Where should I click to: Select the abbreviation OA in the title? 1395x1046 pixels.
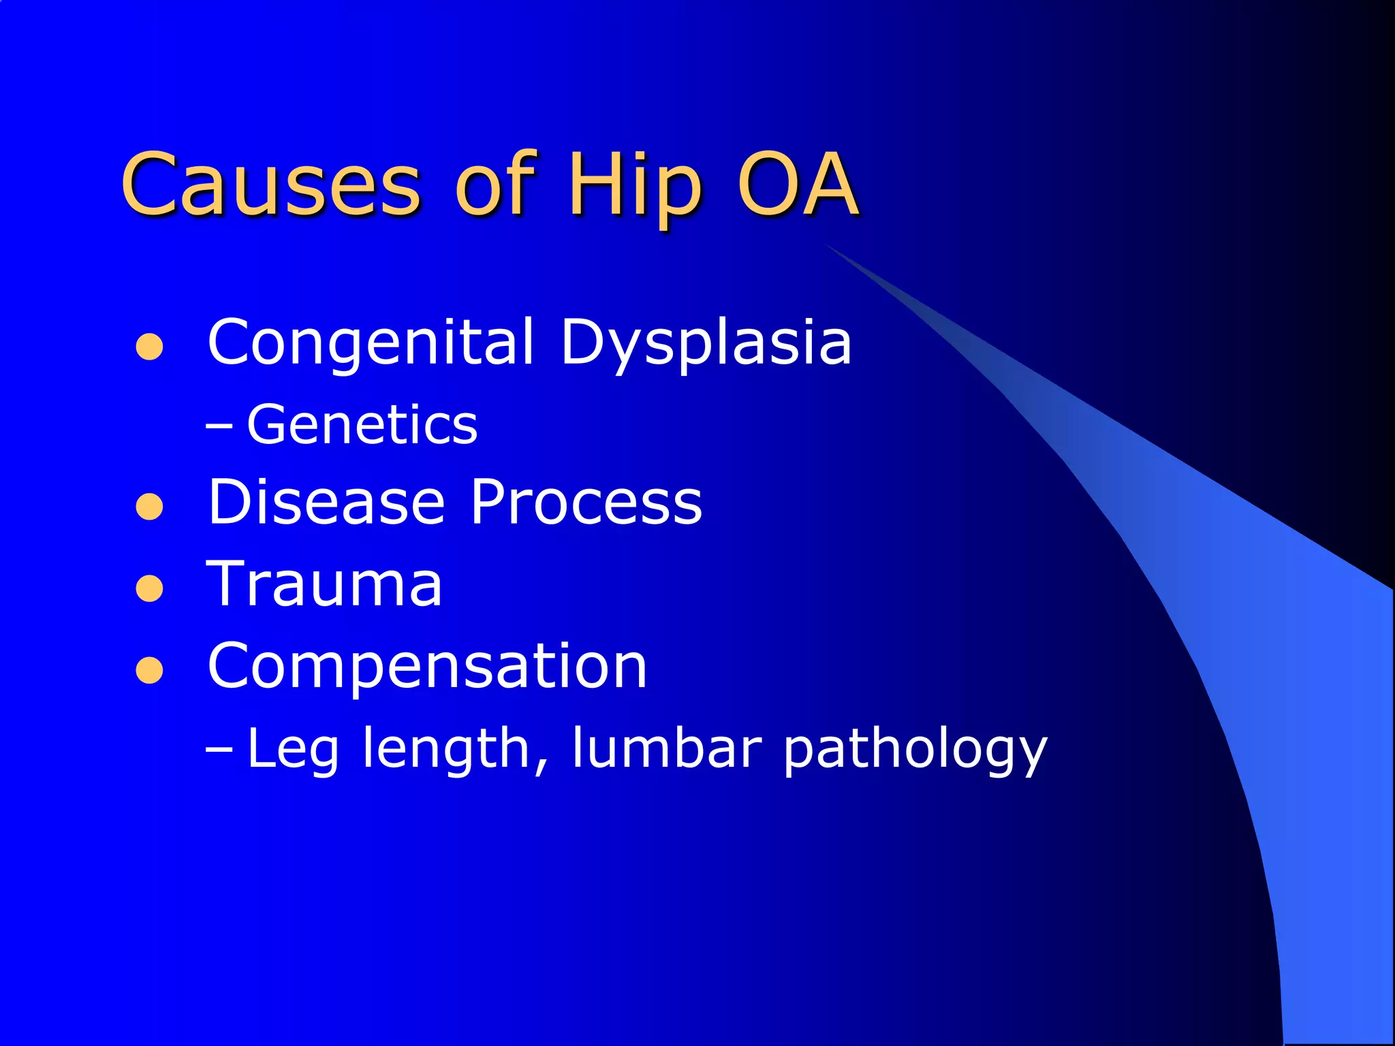tap(797, 184)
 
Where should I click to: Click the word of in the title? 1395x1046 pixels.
tap(496, 184)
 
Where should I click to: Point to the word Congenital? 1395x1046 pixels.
tap(371, 343)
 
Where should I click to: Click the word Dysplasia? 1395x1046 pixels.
tap(706, 343)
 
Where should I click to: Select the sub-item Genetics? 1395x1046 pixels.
tap(362, 425)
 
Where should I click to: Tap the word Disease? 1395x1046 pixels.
tap(326, 503)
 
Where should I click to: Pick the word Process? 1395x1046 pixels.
tap(586, 503)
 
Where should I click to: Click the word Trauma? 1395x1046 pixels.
tap(324, 584)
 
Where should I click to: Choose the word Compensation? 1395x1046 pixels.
tap(427, 666)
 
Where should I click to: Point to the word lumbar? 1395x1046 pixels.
tap(666, 748)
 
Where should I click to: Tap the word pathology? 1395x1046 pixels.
tap(915, 749)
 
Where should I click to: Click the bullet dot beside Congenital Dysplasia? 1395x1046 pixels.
tap(149, 347)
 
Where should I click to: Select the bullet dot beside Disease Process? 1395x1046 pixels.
tap(149, 507)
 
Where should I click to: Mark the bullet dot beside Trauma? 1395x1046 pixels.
tap(149, 589)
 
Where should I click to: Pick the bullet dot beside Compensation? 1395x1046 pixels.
tap(149, 670)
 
